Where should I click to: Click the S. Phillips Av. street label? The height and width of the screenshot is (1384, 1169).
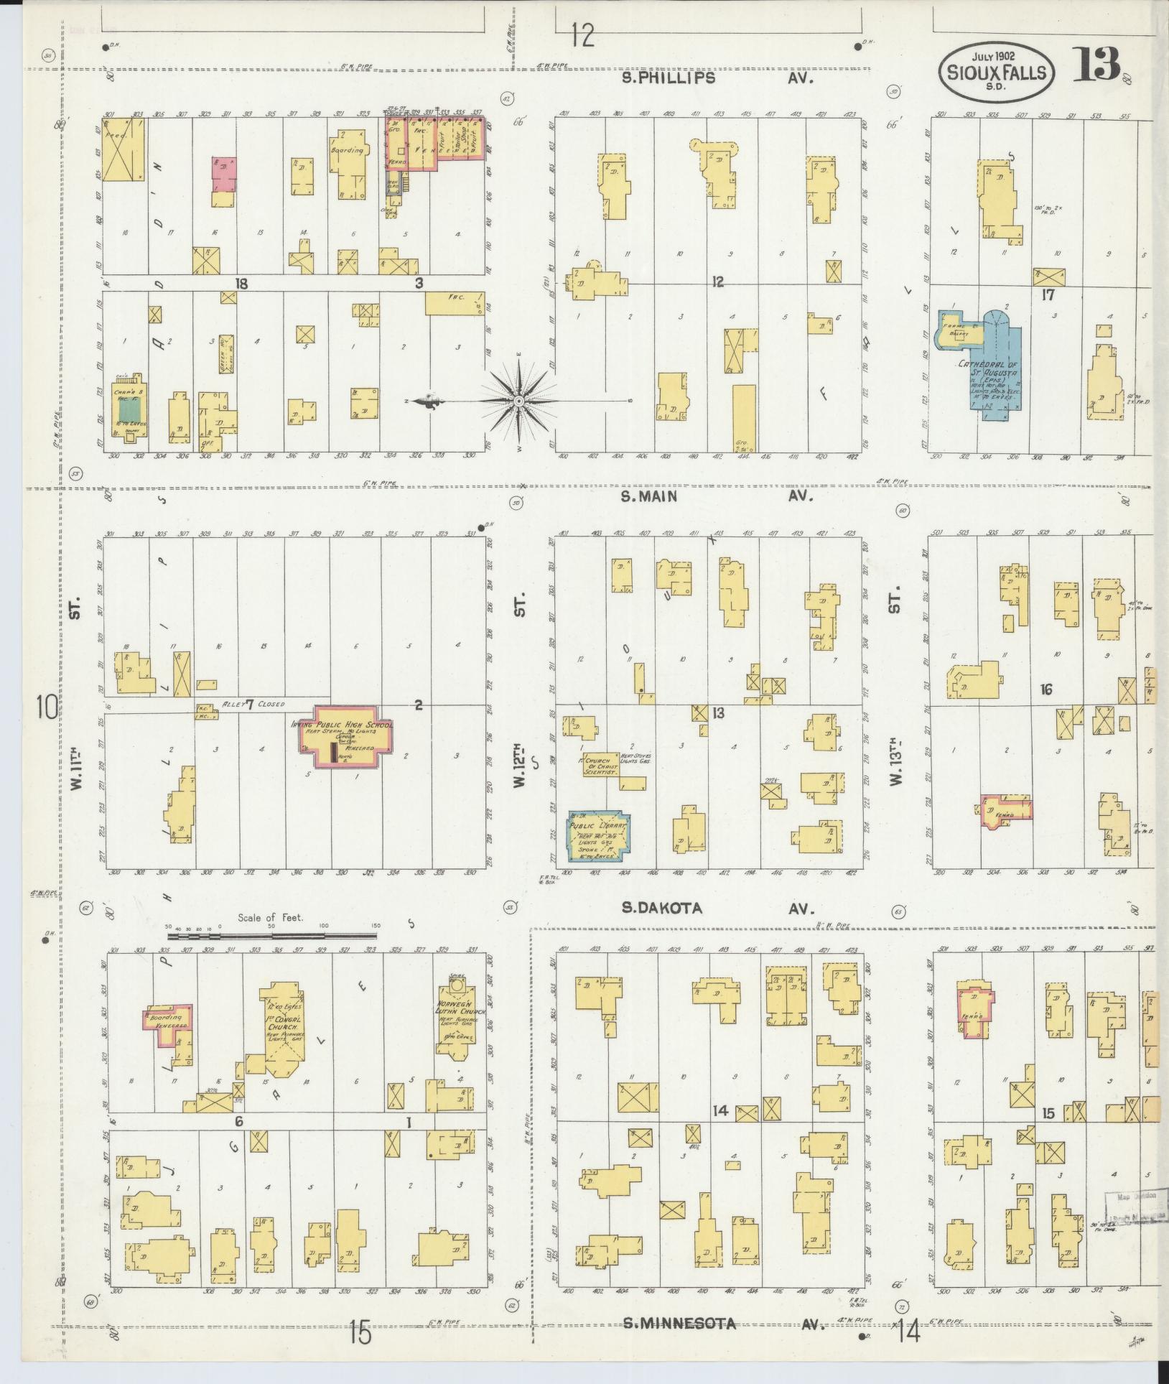tap(718, 78)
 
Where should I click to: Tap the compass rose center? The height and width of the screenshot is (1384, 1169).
tap(518, 400)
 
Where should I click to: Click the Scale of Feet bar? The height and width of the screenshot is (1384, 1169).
tap(273, 937)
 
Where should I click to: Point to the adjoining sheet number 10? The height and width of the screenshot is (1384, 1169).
tap(47, 707)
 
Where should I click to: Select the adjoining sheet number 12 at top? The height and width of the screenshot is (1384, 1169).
tap(583, 34)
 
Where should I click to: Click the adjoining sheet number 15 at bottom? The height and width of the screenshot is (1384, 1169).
tap(360, 1334)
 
